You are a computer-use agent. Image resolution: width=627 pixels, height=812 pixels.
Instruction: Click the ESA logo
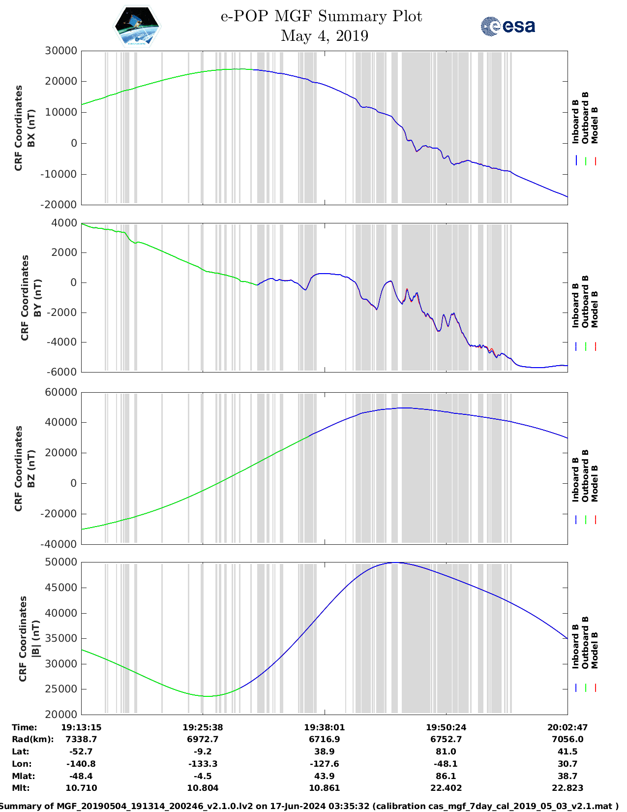(508, 26)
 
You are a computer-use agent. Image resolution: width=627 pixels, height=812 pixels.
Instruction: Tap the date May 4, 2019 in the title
(324, 36)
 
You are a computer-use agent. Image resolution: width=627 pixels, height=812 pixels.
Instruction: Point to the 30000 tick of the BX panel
(60, 51)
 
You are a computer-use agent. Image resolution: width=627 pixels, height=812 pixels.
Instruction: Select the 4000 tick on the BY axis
(64, 223)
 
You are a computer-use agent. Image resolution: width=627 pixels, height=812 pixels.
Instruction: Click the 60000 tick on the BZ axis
(60, 392)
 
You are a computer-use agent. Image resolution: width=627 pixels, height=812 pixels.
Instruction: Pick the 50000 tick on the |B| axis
(60, 562)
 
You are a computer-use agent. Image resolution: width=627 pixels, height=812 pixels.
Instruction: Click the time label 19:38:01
(324, 727)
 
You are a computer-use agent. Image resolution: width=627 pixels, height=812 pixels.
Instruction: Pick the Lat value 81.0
(446, 751)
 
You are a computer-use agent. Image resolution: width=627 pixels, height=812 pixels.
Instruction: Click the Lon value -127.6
(324, 764)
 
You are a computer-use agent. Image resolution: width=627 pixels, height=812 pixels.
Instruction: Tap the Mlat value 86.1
(446, 776)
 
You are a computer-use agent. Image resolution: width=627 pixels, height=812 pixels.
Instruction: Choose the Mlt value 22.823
(567, 788)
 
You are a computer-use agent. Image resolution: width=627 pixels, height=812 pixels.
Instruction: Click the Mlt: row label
(21, 788)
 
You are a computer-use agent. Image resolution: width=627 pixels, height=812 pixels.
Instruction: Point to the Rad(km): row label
(32, 739)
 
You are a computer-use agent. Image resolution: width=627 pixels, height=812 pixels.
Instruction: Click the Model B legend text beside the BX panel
(595, 125)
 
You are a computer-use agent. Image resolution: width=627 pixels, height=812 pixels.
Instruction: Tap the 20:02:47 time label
(567, 727)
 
